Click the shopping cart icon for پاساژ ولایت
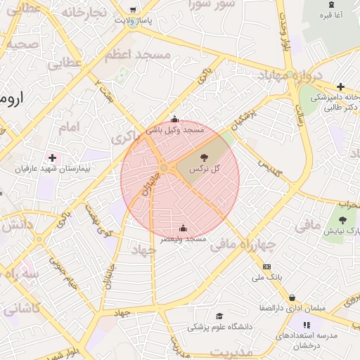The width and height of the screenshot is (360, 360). pos(134,10)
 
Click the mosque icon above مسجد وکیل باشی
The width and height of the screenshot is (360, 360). pos(174,120)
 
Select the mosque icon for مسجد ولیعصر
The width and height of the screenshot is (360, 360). pos(184,228)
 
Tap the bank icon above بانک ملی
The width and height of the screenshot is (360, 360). pos(266,266)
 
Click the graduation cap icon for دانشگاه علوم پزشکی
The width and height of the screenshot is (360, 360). pos(219,316)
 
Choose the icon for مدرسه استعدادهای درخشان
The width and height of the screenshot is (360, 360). pos(306,325)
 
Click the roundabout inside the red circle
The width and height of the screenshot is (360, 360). pos(163,168)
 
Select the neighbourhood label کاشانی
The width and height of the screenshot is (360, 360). pos(23,308)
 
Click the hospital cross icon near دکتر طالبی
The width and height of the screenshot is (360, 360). pos(340,86)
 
